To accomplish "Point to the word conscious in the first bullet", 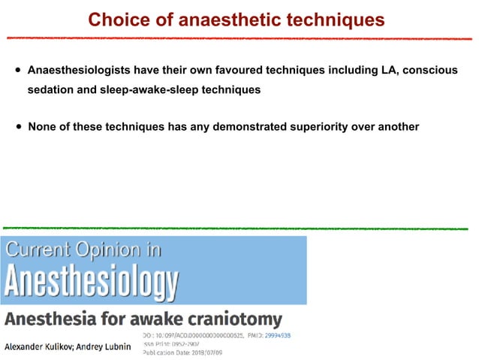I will tap(427, 71).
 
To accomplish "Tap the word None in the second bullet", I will tap(43, 126).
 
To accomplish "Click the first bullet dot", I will tap(17, 71).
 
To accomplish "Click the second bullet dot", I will tap(17, 127).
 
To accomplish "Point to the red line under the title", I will tap(239, 37).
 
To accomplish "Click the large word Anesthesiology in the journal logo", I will tap(92, 283).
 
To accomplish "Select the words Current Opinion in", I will tap(83, 250).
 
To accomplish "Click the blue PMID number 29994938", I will tap(277, 334).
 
